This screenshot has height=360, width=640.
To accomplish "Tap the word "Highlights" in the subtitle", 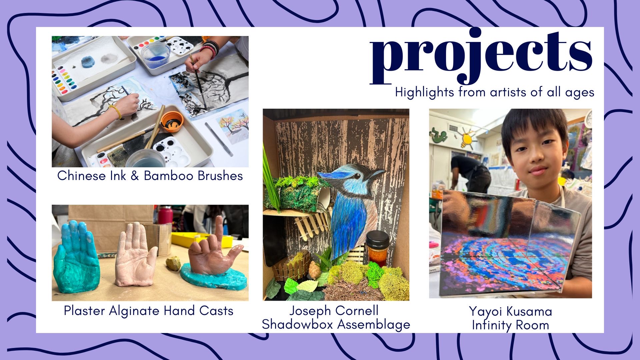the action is click(x=424, y=92).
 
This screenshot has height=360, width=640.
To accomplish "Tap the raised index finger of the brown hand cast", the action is click(x=219, y=230).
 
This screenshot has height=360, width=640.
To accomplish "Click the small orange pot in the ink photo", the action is click(x=172, y=121).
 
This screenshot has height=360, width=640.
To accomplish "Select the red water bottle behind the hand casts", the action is click(x=165, y=215).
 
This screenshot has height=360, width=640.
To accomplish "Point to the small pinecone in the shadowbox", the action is click(x=314, y=270).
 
